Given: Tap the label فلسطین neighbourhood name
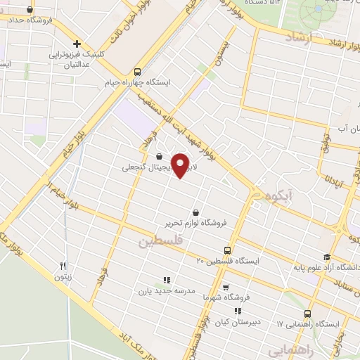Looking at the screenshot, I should pos(154,241).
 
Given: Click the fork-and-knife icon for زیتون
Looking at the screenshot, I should pos(63,266).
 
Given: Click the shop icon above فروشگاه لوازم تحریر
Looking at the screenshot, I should pos(195,212).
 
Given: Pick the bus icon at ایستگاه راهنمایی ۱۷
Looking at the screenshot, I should pos(307,314).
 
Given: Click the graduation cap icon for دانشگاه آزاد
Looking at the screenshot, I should pos(327,257).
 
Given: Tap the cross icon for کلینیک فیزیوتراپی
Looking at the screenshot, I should pos(77,43).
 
